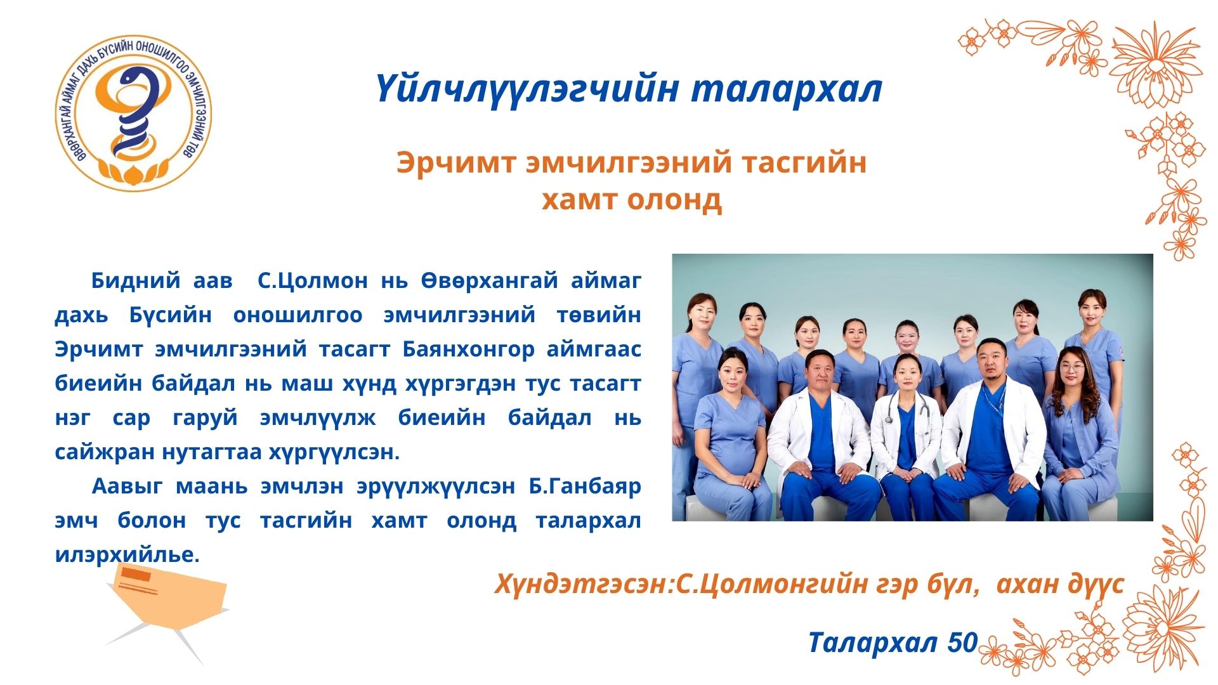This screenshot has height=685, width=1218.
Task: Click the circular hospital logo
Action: pyautogui.click(x=133, y=114)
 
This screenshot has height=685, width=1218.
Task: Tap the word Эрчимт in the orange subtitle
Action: pyautogui.click(x=456, y=162)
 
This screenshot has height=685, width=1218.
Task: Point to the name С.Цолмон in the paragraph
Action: pyautogui.click(x=312, y=280)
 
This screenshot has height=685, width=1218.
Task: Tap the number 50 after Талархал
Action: pyautogui.click(x=962, y=643)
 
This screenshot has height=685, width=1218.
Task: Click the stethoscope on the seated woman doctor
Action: pyautogui.click(x=909, y=406)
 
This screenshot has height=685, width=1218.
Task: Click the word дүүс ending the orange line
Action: pyautogui.click(x=1094, y=584)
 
